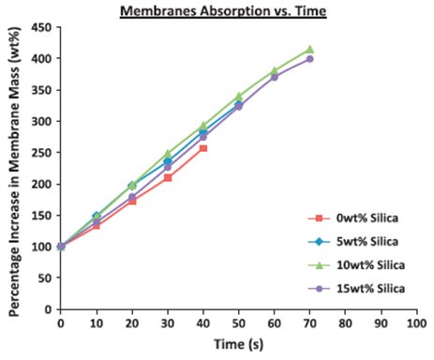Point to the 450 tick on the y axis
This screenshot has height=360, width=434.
(40, 27)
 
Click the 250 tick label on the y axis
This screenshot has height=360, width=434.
(40, 152)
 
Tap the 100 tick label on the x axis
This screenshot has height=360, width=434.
(415, 323)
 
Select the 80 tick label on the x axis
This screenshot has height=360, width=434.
(345, 323)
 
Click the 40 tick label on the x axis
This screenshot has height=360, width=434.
(202, 323)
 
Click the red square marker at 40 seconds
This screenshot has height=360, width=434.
(202, 148)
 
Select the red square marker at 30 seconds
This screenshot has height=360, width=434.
(168, 177)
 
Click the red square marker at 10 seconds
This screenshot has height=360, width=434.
(97, 225)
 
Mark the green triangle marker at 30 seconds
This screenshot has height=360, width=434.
(168, 154)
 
